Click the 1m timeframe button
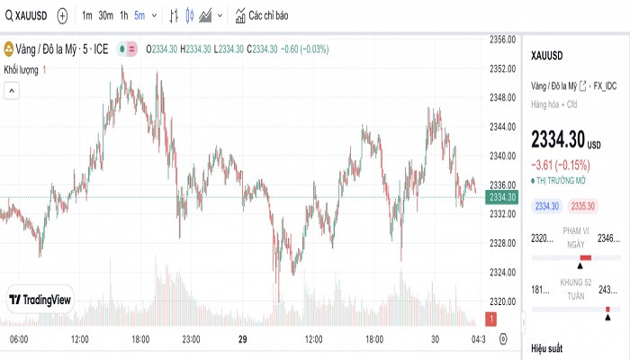[86, 15]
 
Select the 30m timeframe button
[105, 15]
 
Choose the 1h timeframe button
[124, 15]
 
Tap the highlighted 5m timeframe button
[139, 15]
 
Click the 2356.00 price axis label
[501, 40]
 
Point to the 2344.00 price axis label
[501, 127]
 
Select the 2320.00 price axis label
[501, 301]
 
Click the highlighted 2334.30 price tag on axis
[501, 197]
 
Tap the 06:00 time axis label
[19, 339]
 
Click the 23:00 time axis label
[191, 339]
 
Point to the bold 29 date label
[242, 339]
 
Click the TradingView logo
[41, 300]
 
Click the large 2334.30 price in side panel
[558, 140]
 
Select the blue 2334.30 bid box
[547, 206]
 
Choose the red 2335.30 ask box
[583, 206]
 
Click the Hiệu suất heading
[546, 347]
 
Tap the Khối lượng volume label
[22, 69]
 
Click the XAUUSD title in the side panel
[547, 56]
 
